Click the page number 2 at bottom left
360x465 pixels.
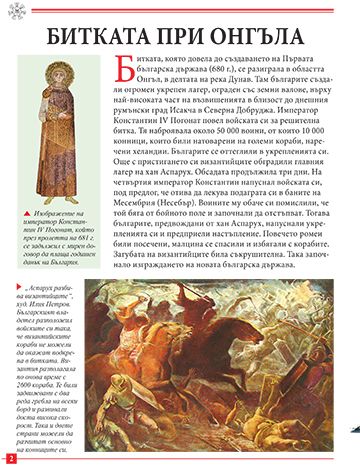(9, 457)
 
